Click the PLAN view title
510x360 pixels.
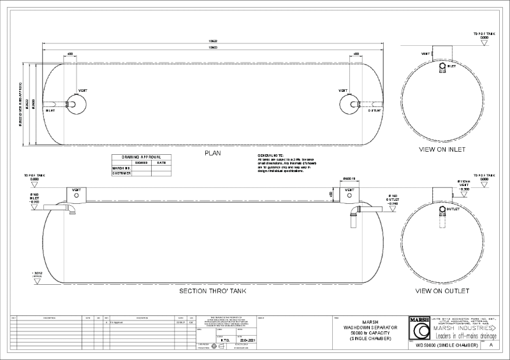click(212, 154)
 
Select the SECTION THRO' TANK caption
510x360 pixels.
click(212, 291)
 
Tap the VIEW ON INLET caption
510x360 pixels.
click(443, 150)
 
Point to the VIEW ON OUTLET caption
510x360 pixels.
click(442, 291)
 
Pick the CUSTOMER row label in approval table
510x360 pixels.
click(122, 173)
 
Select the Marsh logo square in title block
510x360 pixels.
click(419, 329)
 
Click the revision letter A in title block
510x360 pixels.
click(490, 345)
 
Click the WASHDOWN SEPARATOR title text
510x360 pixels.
click(370, 327)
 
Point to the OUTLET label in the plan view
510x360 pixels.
click(374, 110)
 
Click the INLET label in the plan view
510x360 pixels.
click(50, 110)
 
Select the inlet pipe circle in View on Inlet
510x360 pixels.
click(443, 66)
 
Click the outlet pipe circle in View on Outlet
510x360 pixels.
click(442, 208)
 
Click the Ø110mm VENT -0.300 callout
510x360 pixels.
click(464, 185)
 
